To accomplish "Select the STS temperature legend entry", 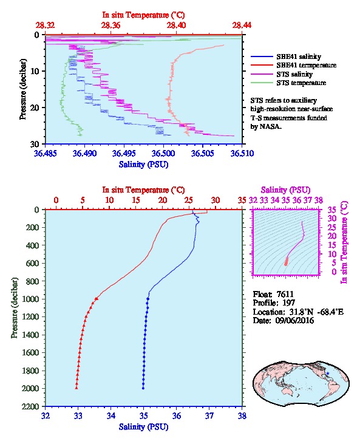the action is click(288, 83).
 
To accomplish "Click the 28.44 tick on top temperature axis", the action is click(242, 26).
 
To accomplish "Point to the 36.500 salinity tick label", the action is click(163, 154).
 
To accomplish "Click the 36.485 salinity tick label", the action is click(46, 154).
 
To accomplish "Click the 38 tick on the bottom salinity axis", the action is click(242, 415).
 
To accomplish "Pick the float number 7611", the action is click(285, 294).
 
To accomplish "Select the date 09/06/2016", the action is click(294, 320).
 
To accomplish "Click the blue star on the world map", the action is click(328, 374).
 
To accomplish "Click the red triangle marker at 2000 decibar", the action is click(76, 388).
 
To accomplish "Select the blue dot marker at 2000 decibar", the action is click(143, 388).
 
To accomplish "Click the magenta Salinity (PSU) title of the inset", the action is click(285, 190).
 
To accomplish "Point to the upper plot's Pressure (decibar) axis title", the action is click(23, 89).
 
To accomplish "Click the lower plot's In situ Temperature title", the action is click(143, 190).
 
